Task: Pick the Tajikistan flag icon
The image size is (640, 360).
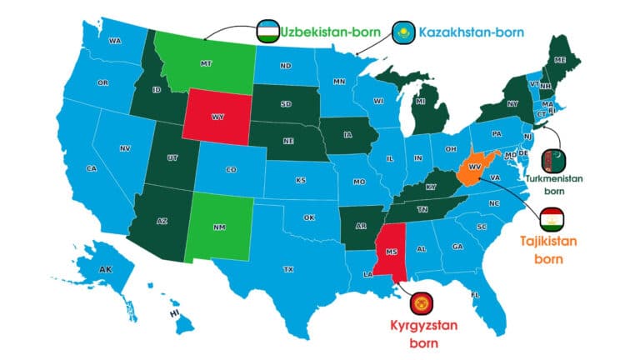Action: [x=549, y=218]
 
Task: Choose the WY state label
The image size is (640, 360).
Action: [x=217, y=117]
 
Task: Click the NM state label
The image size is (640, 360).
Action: [x=220, y=226]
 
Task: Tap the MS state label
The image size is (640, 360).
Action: [x=391, y=249]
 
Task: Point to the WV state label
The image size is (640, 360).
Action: [x=474, y=167]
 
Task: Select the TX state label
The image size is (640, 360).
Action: [x=288, y=269]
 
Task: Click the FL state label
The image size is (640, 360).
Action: [x=475, y=295]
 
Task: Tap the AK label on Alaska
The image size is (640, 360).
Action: [x=106, y=270]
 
